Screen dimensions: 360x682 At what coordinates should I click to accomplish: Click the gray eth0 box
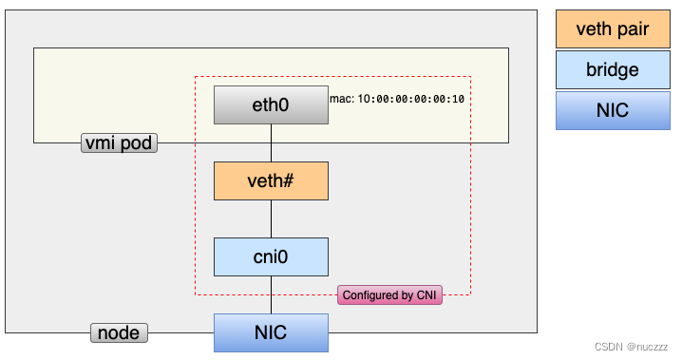(x=271, y=104)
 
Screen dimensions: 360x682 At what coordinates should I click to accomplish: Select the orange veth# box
(x=271, y=180)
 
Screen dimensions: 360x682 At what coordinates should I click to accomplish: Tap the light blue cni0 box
(x=271, y=256)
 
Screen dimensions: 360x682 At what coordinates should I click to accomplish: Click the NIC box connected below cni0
(x=271, y=333)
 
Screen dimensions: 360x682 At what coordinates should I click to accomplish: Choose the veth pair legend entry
(x=613, y=29)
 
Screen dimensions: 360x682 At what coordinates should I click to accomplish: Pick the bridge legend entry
(x=613, y=70)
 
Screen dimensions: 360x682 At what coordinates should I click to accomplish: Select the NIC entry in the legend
(x=613, y=111)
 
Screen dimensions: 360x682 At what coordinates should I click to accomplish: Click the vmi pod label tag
(x=119, y=143)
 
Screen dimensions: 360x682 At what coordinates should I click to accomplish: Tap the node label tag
(x=120, y=333)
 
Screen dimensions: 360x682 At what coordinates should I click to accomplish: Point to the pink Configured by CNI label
(x=390, y=295)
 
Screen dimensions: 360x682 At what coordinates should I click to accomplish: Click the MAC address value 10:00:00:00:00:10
(x=410, y=99)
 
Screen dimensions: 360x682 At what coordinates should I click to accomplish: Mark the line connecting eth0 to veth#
(x=272, y=142)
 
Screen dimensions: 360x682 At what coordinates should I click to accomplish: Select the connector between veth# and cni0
(x=272, y=218)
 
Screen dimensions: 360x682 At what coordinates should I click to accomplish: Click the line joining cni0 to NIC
(x=272, y=294)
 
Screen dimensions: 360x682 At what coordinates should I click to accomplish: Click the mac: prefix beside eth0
(x=342, y=99)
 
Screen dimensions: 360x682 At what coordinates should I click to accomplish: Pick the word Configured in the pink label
(x=371, y=295)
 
